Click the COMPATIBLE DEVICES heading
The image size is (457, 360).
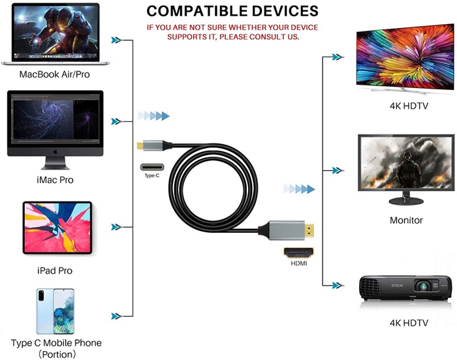(232, 11)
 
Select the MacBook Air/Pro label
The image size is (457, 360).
(55, 74)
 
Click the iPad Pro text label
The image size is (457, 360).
(55, 271)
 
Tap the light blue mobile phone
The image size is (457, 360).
(55, 310)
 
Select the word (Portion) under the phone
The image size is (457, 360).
(56, 354)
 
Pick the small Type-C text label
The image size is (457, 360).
(151, 176)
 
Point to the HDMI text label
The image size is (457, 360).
(298, 263)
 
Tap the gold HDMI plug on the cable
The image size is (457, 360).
(305, 230)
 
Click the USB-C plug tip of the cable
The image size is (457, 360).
(142, 145)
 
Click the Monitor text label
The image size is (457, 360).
(406, 220)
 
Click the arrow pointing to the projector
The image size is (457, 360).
(337, 285)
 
